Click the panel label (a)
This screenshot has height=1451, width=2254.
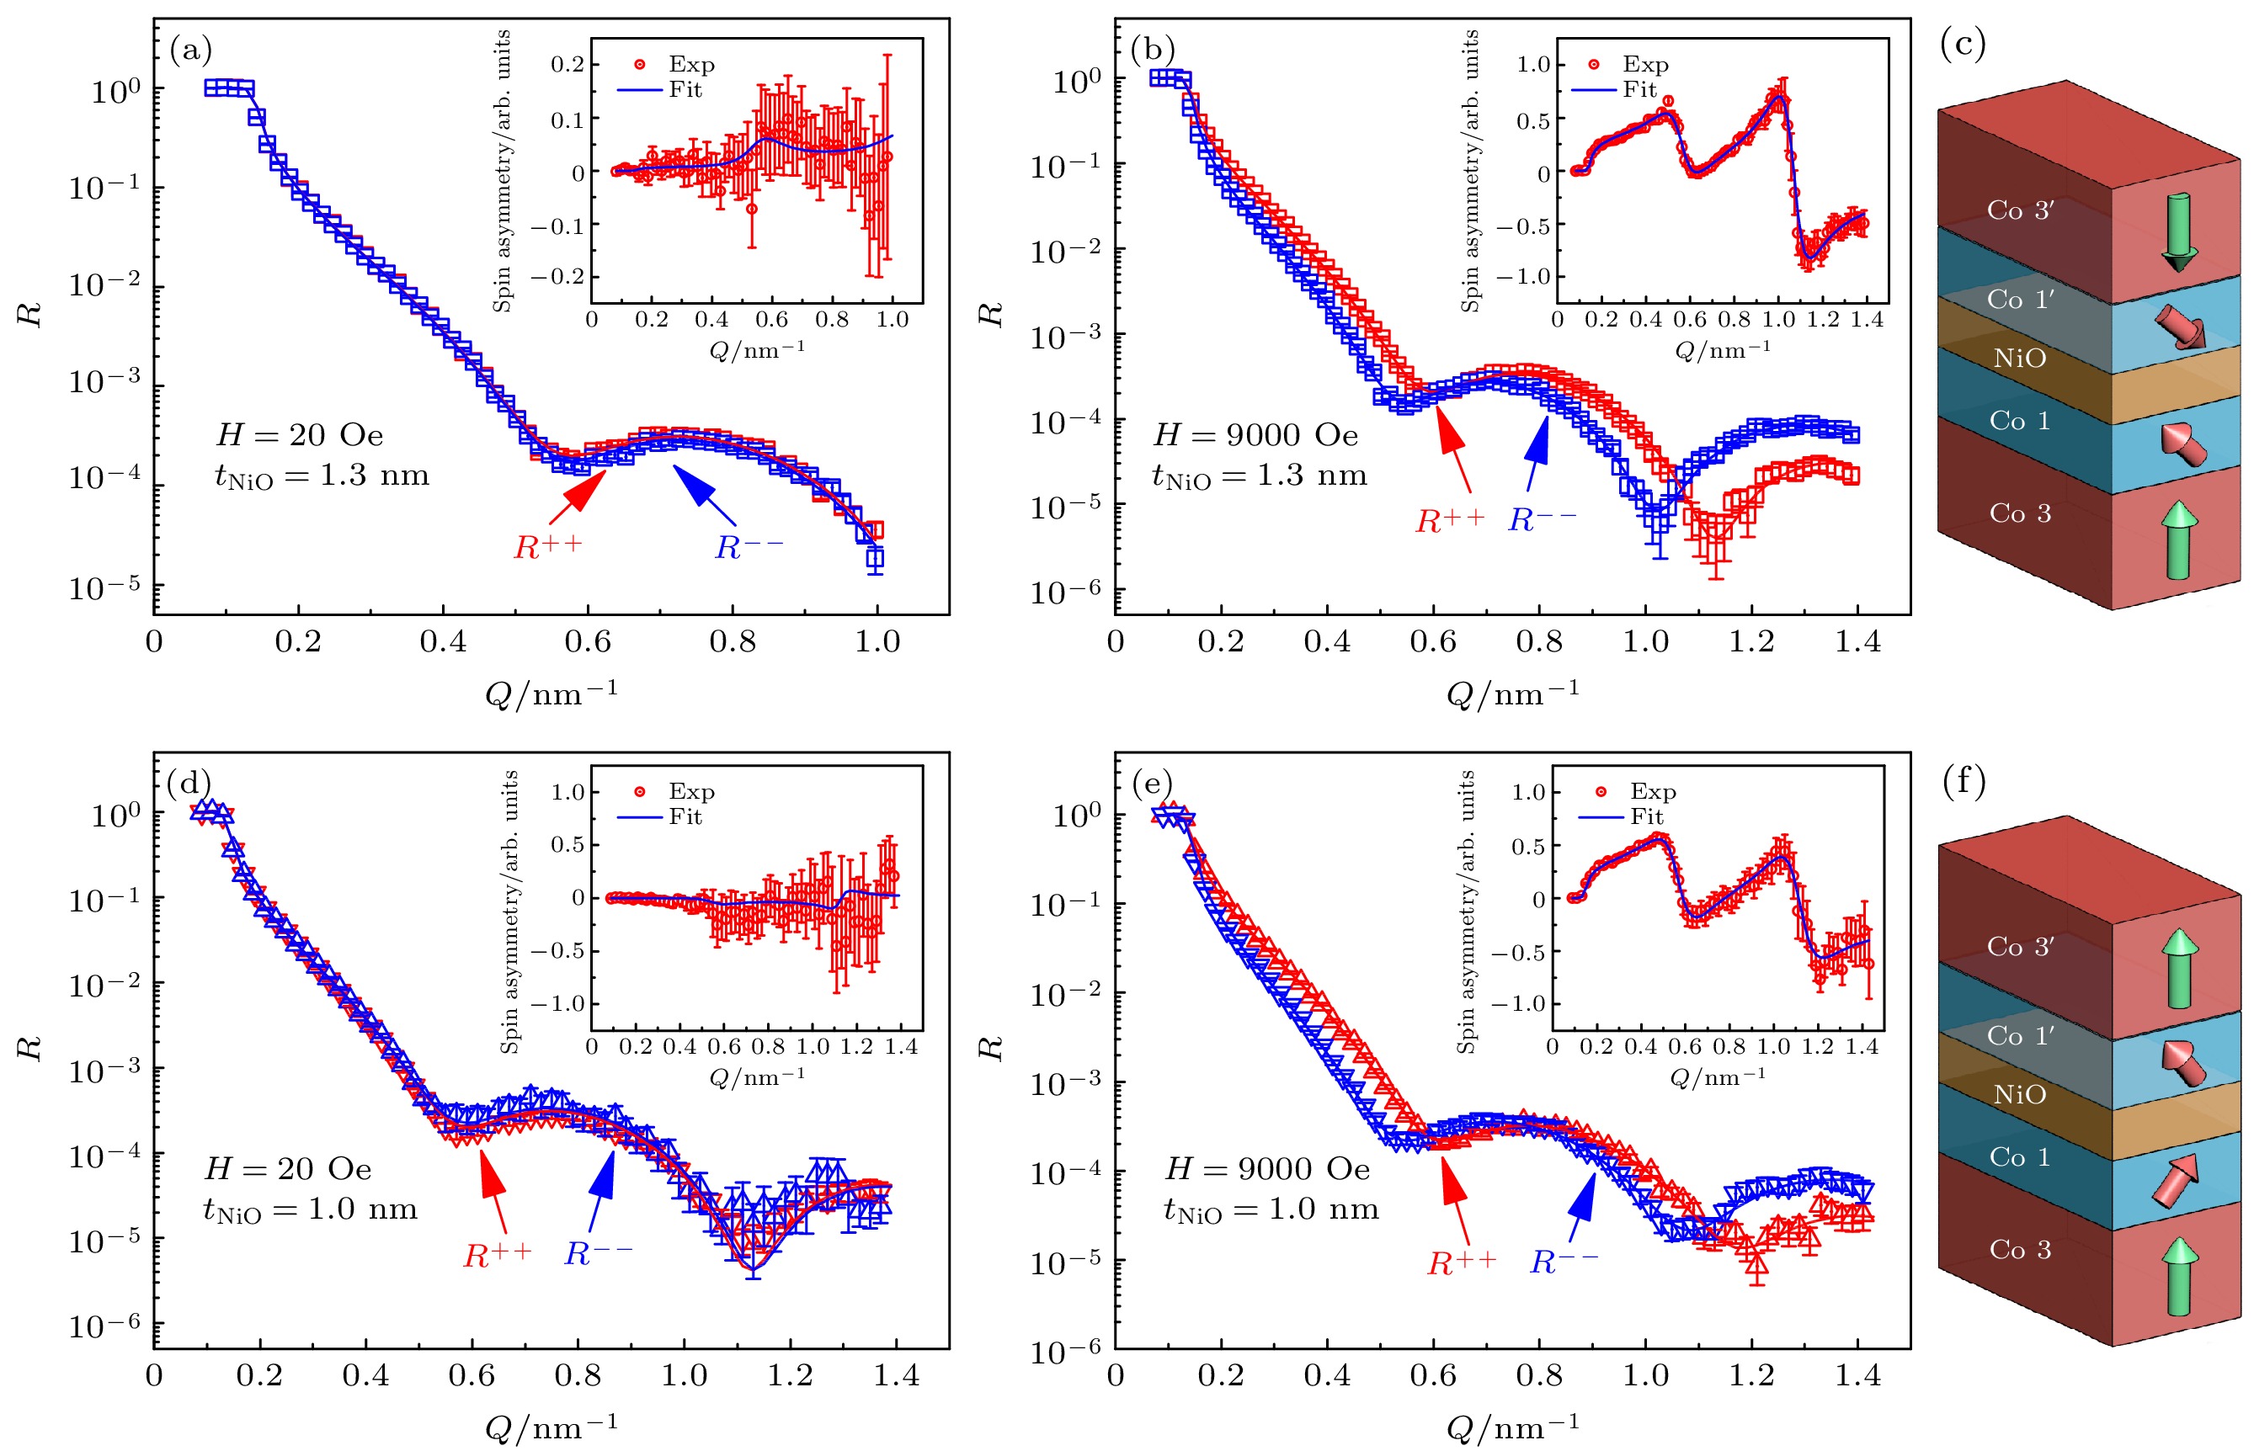[190, 49]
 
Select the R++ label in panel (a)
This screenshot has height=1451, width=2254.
[547, 547]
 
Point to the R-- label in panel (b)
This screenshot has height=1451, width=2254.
[1542, 520]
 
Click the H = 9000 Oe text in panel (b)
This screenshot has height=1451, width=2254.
[1255, 435]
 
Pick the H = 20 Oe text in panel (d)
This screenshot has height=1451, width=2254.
[288, 1169]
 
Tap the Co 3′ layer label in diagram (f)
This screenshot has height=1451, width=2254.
[2019, 947]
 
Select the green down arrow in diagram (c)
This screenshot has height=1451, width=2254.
[2177, 231]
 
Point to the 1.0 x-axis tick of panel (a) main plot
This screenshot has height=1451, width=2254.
[877, 642]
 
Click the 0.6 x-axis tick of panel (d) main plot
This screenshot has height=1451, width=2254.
[472, 1375]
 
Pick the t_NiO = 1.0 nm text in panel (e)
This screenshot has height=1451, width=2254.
[1271, 1209]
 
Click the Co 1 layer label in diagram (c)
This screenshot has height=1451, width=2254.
[2019, 421]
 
